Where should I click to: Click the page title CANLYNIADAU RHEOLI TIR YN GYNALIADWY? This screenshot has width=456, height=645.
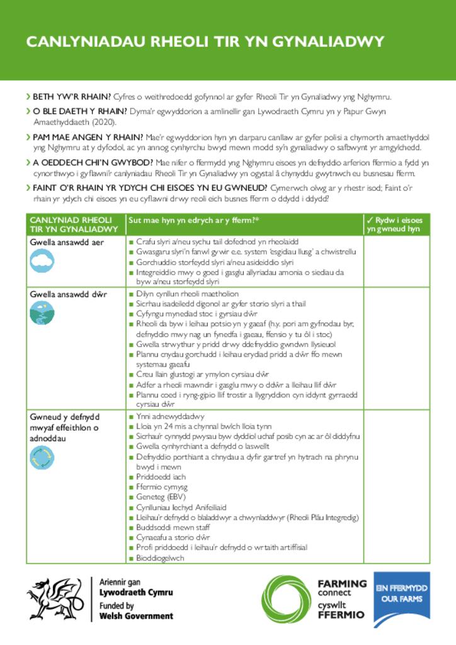point(205,42)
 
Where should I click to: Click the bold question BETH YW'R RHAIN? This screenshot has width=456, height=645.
point(72,97)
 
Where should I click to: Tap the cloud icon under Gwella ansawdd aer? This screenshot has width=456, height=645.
point(42,260)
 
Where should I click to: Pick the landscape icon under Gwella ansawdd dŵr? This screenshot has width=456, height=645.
point(42,312)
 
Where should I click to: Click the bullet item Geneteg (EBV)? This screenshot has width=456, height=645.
point(157,497)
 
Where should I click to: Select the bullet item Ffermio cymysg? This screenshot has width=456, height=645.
point(162,487)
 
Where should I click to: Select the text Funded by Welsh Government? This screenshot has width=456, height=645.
point(136,611)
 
